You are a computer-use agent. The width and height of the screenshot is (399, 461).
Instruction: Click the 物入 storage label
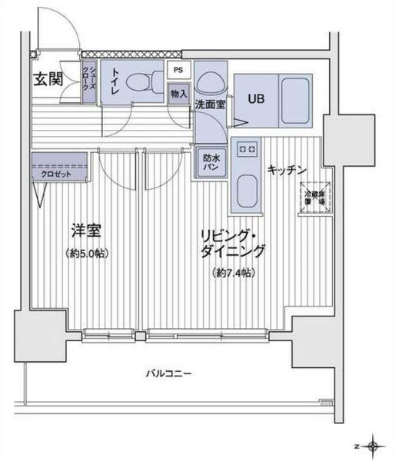(178, 94)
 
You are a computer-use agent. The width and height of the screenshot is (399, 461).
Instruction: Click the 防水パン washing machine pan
(211, 163)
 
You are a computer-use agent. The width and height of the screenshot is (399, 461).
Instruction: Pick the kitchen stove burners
(247, 148)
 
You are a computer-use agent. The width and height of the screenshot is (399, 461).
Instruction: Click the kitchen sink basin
(247, 187)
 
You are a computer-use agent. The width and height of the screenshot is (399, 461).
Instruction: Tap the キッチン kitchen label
(288, 169)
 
